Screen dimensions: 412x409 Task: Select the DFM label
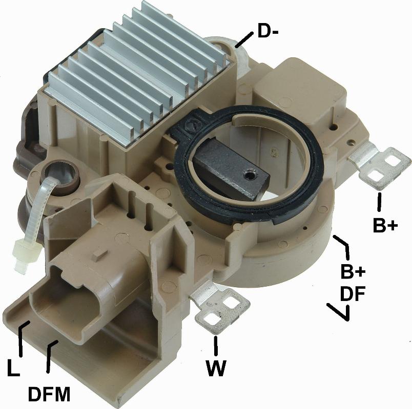[x=49, y=394]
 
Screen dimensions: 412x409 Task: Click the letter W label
[x=216, y=368]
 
